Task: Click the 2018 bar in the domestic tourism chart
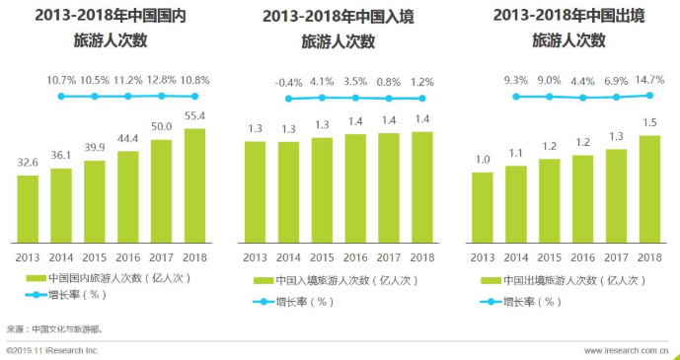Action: (x=194, y=185)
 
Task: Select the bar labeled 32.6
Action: (x=28, y=209)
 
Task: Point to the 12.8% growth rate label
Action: (x=161, y=79)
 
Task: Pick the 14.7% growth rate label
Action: (x=648, y=79)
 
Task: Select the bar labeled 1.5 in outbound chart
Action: (x=648, y=189)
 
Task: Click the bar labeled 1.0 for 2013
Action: (x=482, y=207)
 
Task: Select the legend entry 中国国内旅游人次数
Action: (x=109, y=278)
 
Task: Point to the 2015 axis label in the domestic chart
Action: (x=95, y=257)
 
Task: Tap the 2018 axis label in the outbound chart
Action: (x=648, y=257)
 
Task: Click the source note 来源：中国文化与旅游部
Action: (x=54, y=328)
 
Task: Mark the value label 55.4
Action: (x=194, y=116)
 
